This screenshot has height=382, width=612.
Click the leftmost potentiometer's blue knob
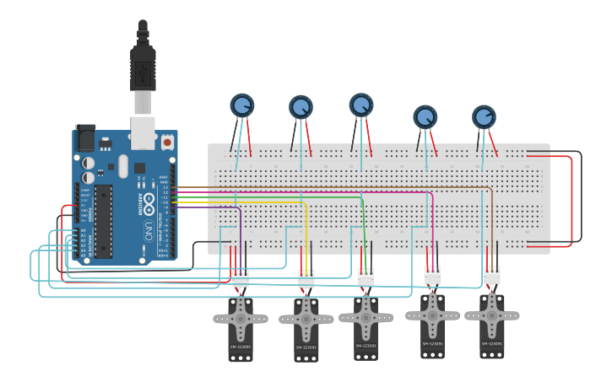(x=242, y=105)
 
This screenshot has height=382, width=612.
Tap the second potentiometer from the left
(x=301, y=107)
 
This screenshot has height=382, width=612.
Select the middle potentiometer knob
(x=361, y=105)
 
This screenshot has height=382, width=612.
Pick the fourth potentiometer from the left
(x=425, y=116)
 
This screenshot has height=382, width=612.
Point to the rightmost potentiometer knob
(x=484, y=116)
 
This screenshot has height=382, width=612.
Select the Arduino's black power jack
(x=86, y=138)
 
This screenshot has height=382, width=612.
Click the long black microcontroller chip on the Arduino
(x=103, y=220)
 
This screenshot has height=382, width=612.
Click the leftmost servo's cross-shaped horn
(x=241, y=319)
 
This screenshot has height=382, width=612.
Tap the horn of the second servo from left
(x=306, y=320)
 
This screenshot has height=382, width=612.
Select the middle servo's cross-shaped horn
(x=366, y=316)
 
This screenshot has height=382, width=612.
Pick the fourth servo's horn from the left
(x=432, y=315)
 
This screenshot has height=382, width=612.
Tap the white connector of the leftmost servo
(x=241, y=278)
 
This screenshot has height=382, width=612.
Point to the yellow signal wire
(x=305, y=228)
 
